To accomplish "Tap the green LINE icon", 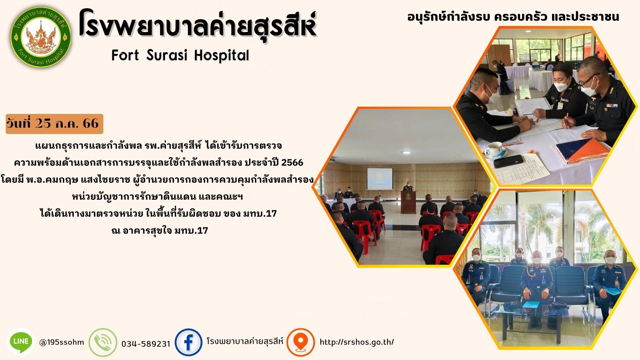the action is pos(21,341).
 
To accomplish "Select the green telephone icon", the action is pos(103,342).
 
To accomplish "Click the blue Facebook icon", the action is pos(189,342).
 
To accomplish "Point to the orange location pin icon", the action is pos(301,342).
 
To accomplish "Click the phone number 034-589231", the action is pos(146,344).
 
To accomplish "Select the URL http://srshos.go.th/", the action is pos(357,342).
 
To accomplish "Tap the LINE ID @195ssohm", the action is pos(62,342).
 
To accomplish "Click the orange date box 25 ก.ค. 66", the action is pos(54,124).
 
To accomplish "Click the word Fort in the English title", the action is pos(125,55).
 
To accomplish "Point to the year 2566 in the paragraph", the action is pos(292,163).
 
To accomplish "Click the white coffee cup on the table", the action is pos(494,149).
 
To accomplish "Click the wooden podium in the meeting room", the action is pos(408,201).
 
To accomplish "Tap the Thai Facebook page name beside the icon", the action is pos(245,342).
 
